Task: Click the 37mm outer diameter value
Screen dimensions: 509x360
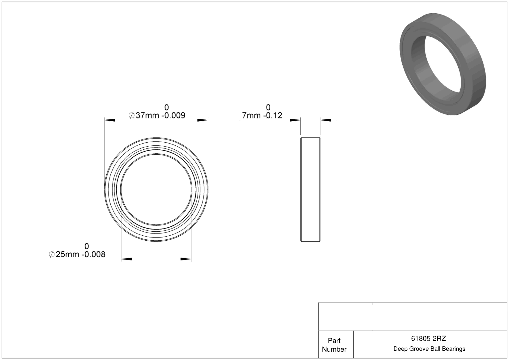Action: coord(147,115)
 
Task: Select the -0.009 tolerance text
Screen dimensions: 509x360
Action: coord(173,115)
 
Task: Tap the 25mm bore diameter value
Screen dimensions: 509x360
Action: coord(67,254)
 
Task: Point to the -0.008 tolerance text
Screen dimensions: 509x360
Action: coord(93,254)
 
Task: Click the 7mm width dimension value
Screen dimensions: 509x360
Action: coord(251,115)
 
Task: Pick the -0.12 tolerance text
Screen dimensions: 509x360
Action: coord(273,115)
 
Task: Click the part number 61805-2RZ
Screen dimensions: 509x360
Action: coord(428,339)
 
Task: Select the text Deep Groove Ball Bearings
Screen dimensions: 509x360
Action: coord(429,349)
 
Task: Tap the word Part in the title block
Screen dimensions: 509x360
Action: coord(334,341)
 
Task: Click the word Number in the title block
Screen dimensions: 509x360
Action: coord(334,349)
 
